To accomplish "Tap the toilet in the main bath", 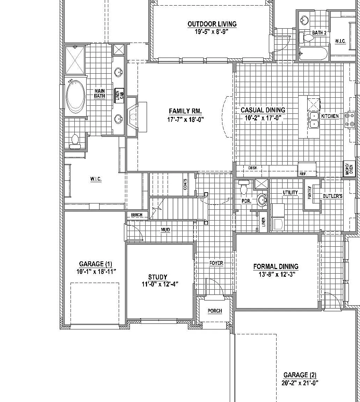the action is (x=75, y=142).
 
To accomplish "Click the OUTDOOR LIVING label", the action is (x=212, y=24).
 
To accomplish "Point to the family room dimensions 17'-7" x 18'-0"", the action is (x=185, y=119).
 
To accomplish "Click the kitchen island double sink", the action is (x=314, y=120).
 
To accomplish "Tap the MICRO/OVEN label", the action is (x=349, y=169).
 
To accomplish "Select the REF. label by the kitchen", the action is (x=303, y=174).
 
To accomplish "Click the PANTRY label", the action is (x=309, y=192).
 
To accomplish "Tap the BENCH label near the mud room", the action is (x=137, y=215).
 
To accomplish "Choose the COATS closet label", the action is (x=185, y=184).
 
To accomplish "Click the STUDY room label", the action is (x=157, y=277).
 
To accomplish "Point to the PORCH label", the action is (x=215, y=311).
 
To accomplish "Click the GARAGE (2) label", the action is (x=300, y=375).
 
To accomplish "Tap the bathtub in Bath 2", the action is (x=313, y=54).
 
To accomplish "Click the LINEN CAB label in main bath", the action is (x=119, y=95).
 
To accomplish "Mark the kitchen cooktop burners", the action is (x=350, y=119).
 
